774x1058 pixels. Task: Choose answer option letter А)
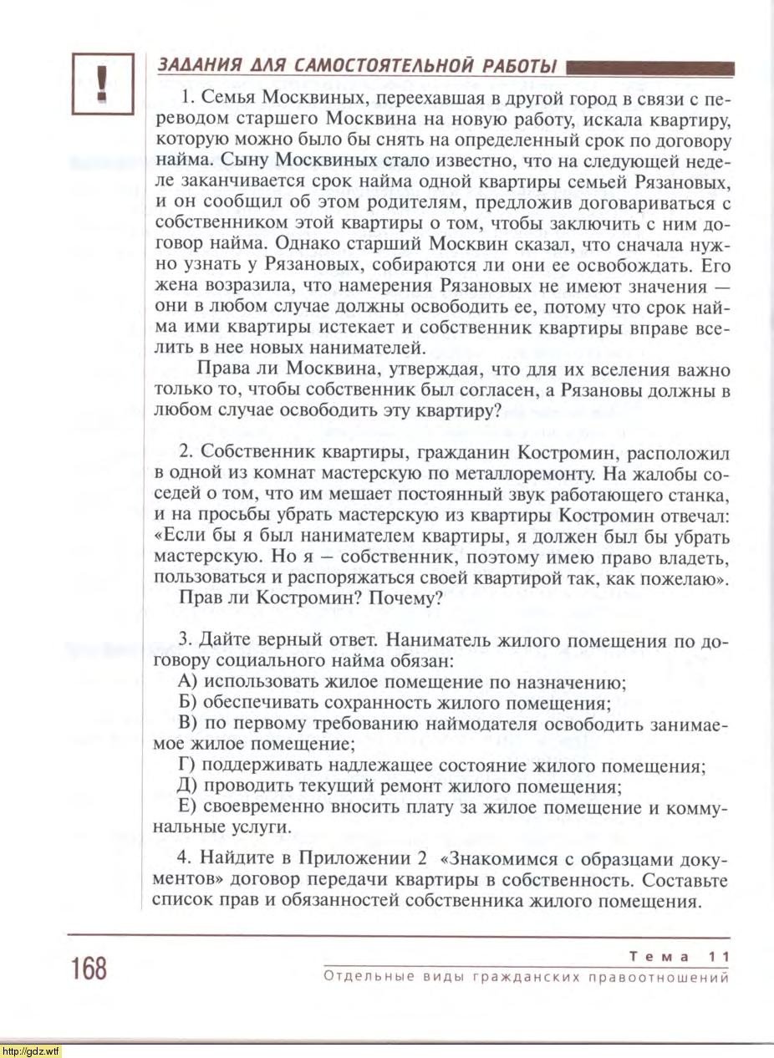189,683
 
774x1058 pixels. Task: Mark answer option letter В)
189,724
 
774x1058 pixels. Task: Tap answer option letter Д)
190,786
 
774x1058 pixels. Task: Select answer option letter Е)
188,807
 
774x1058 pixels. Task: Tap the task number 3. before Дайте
186,641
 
